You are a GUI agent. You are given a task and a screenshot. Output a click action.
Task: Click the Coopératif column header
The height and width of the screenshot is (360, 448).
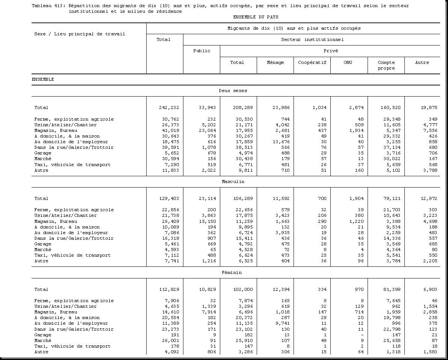(312, 62)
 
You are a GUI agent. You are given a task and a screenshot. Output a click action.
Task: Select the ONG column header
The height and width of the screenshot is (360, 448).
(348, 62)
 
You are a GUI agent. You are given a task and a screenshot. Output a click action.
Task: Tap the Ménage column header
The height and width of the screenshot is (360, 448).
(275, 62)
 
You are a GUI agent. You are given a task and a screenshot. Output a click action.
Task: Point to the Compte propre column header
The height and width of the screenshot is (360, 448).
(386, 65)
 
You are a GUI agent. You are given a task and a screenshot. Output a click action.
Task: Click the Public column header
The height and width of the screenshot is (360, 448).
(201, 51)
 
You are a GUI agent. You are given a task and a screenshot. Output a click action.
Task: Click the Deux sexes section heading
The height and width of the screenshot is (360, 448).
(233, 91)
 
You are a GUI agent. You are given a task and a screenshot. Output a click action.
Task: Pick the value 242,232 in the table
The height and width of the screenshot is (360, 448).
(169, 107)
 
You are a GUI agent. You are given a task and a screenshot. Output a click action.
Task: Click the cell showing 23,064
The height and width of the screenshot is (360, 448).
(206, 130)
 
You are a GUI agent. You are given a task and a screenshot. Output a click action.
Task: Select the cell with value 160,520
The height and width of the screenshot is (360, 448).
(390, 107)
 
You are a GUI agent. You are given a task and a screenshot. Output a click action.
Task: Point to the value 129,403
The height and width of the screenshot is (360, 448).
(169, 198)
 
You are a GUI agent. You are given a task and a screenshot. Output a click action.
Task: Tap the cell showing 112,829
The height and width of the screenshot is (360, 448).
(169, 289)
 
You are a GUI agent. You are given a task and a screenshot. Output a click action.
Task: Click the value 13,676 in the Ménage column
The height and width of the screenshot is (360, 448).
(281, 142)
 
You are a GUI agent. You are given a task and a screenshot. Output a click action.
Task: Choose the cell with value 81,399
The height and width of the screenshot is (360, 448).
(392, 289)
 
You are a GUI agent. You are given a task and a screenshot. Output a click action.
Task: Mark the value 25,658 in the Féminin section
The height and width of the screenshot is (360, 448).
(392, 340)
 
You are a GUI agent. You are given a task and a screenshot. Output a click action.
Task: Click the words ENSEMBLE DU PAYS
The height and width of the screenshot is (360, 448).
(256, 17)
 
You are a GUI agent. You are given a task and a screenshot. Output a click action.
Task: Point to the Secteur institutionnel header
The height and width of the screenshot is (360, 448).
(312, 39)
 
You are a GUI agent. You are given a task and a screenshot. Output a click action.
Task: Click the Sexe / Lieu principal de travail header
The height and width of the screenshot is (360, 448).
(79, 34)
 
